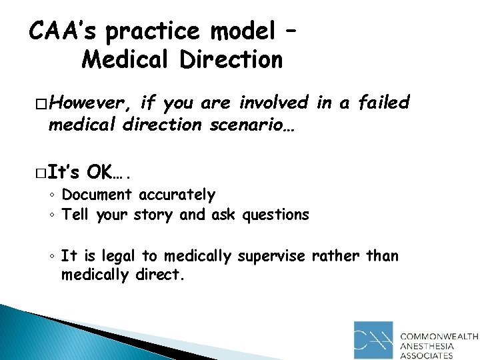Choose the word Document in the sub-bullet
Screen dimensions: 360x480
(97, 195)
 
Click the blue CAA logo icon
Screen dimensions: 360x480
(374, 339)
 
